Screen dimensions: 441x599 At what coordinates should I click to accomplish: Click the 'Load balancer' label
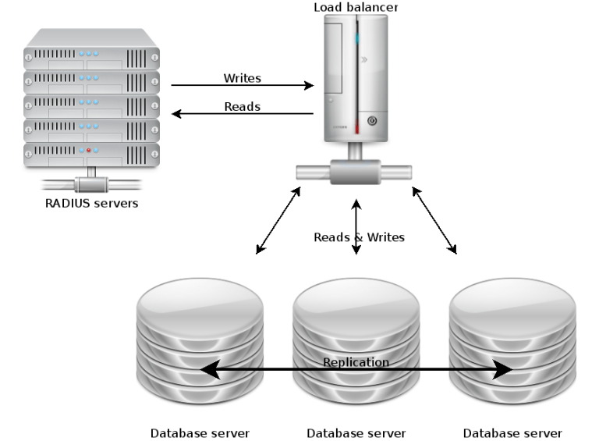tap(356, 7)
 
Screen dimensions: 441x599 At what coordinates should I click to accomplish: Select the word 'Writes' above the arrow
tap(242, 78)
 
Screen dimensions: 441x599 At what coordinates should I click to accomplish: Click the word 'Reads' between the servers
tap(242, 107)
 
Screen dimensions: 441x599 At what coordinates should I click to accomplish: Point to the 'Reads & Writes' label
tap(359, 237)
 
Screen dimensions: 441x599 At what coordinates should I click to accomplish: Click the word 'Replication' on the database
tap(356, 362)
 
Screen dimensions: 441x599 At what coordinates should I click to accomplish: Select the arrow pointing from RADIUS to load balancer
tap(242, 86)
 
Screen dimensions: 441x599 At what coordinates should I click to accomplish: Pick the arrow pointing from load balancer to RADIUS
tap(242, 115)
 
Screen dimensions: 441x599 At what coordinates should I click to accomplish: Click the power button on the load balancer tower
tap(372, 121)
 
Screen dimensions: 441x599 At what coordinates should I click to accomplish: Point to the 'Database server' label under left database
tap(200, 432)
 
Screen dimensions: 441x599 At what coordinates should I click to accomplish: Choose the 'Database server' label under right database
tap(512, 432)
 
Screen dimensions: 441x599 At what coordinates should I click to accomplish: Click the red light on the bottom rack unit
tap(90, 149)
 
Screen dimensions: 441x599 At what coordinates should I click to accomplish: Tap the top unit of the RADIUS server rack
tap(91, 57)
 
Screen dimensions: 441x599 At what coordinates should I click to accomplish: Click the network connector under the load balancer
tap(356, 171)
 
